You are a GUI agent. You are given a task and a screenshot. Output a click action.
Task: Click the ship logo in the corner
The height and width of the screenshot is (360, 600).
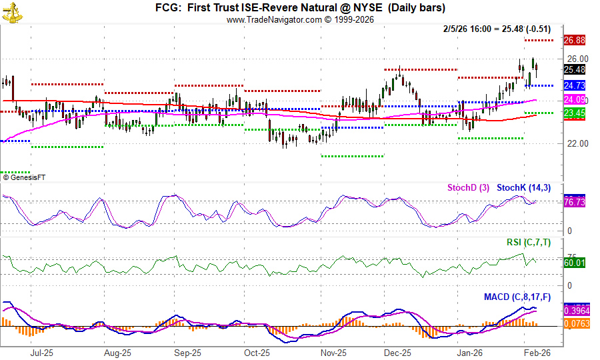click(11, 11)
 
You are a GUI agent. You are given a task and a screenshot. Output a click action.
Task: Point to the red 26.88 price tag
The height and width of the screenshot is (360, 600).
click(574, 40)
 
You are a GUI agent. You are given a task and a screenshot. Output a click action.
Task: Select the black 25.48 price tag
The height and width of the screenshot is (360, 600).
click(574, 69)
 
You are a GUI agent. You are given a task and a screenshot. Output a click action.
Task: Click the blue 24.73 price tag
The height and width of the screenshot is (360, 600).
click(574, 85)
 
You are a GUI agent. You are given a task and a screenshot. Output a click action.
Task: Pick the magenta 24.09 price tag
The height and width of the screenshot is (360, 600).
click(574, 100)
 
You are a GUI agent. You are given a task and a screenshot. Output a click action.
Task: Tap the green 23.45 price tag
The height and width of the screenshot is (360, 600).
click(574, 114)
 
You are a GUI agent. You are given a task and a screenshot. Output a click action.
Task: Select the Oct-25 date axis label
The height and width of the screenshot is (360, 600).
click(256, 353)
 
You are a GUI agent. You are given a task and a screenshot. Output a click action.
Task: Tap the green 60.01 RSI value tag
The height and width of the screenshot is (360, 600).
click(574, 263)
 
